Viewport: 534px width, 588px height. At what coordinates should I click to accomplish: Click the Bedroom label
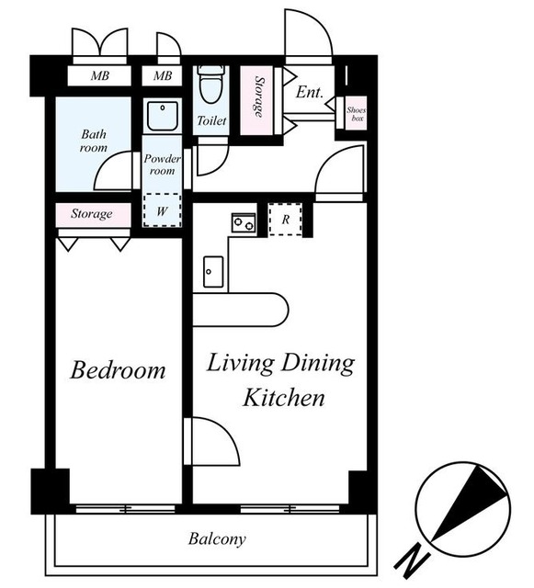point(118,370)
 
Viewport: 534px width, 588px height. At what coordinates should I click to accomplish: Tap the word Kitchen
point(284,398)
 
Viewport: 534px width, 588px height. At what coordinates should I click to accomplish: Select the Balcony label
point(217,539)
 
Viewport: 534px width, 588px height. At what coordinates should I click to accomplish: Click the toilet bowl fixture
point(210,85)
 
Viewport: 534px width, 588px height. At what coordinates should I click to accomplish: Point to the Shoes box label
point(356,114)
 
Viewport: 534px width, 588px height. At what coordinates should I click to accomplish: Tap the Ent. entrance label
point(309,92)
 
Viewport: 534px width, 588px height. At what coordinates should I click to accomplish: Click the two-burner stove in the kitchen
point(244,222)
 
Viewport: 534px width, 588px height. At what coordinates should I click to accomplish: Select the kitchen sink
point(213,272)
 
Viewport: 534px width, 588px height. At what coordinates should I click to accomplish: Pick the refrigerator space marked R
point(285,220)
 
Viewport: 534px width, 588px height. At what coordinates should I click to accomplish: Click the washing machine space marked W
point(162,210)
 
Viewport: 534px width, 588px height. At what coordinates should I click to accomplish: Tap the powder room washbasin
point(163,116)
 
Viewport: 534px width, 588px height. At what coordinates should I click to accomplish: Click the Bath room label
point(94,141)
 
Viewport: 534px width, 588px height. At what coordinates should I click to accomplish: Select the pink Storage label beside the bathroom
point(92,214)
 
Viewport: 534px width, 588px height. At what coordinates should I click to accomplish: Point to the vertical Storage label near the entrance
point(259,96)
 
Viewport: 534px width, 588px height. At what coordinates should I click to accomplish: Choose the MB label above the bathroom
point(100,76)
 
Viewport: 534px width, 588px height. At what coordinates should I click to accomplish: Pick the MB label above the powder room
point(163,76)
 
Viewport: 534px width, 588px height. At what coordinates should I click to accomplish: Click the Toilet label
point(211,120)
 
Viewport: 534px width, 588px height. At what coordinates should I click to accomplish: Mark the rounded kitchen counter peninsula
point(240,310)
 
